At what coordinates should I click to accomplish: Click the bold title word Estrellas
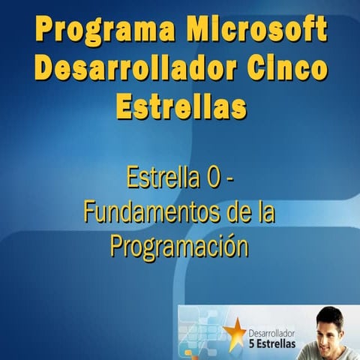tap(181, 106)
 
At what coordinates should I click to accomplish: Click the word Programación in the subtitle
tap(179, 246)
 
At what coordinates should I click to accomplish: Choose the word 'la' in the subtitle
tap(264, 212)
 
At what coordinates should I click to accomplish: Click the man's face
tap(331, 330)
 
